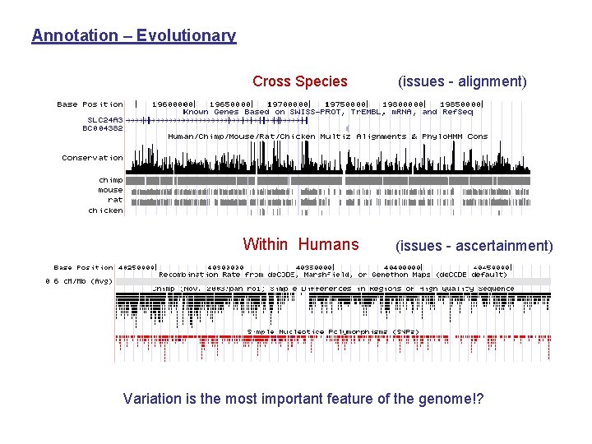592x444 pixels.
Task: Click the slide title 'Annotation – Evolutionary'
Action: click(x=133, y=35)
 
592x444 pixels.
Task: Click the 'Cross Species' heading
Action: click(x=300, y=81)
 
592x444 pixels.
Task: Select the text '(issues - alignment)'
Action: click(x=462, y=81)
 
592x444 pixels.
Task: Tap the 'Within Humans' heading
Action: click(x=301, y=244)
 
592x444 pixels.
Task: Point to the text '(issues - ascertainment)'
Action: click(x=474, y=245)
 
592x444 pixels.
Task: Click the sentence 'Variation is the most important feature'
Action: click(x=303, y=399)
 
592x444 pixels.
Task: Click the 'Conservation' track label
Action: click(x=92, y=158)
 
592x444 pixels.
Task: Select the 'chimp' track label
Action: click(x=111, y=180)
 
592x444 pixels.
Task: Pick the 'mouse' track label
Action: click(x=110, y=190)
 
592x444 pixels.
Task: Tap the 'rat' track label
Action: click(x=115, y=200)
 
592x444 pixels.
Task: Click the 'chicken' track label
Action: click(x=106, y=210)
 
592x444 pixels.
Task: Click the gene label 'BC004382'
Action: click(x=103, y=128)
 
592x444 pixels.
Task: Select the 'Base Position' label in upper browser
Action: click(x=90, y=104)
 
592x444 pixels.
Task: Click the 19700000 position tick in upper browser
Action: click(x=289, y=104)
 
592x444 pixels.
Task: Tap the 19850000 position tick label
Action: click(x=460, y=104)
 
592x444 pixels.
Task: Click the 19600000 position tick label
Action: click(x=173, y=104)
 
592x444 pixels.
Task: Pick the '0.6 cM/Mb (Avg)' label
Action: click(x=79, y=281)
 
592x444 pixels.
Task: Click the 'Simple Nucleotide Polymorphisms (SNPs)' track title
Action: click(x=333, y=331)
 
